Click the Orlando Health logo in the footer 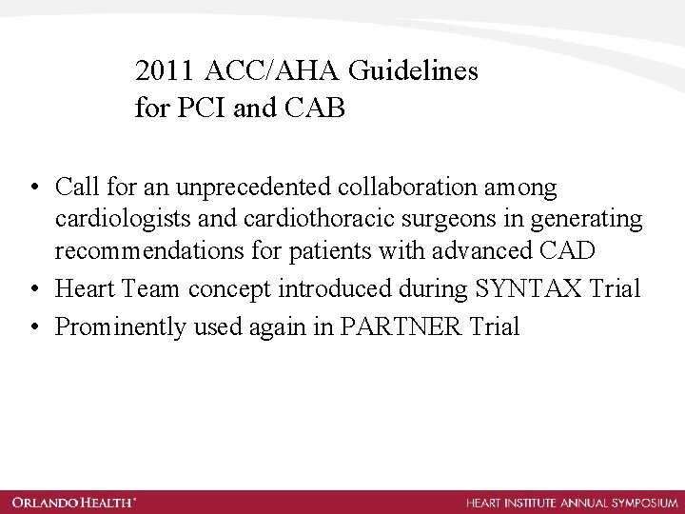click(75, 502)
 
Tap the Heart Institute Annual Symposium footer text click(572, 502)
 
